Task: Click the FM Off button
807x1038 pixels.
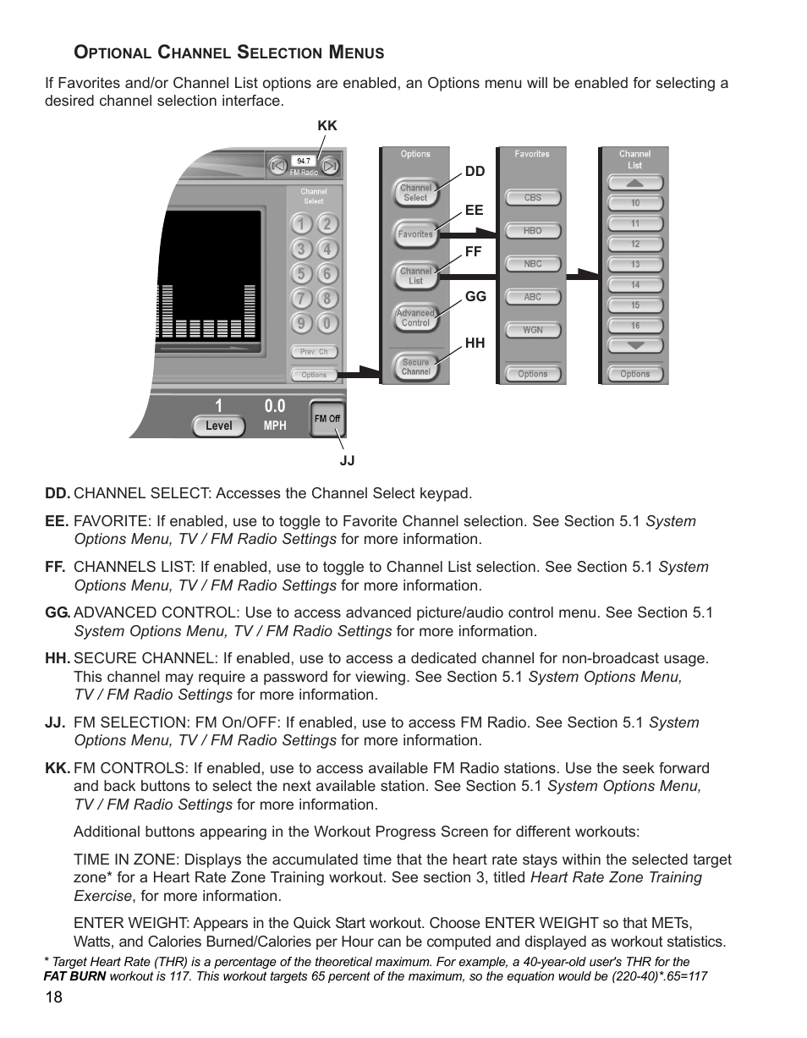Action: (x=327, y=418)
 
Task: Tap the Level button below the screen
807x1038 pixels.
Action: (x=218, y=426)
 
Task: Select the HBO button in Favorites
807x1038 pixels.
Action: (x=532, y=231)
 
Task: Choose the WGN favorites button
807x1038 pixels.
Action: (x=532, y=330)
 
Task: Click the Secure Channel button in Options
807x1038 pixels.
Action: (x=415, y=366)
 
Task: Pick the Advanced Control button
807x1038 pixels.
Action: (x=415, y=318)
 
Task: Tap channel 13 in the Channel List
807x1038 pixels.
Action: (x=634, y=265)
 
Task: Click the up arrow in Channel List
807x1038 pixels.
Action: (x=634, y=184)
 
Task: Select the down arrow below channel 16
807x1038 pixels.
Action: (x=634, y=345)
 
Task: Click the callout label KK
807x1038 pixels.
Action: (x=327, y=125)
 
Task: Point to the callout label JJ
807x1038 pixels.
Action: (x=347, y=460)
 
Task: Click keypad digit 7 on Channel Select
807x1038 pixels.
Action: (x=300, y=299)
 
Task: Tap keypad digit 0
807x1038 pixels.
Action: (x=328, y=322)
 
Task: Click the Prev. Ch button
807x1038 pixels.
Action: (x=314, y=352)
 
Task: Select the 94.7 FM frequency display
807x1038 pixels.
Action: (x=303, y=160)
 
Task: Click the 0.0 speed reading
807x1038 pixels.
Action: (x=275, y=406)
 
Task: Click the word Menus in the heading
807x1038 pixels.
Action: (x=356, y=52)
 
